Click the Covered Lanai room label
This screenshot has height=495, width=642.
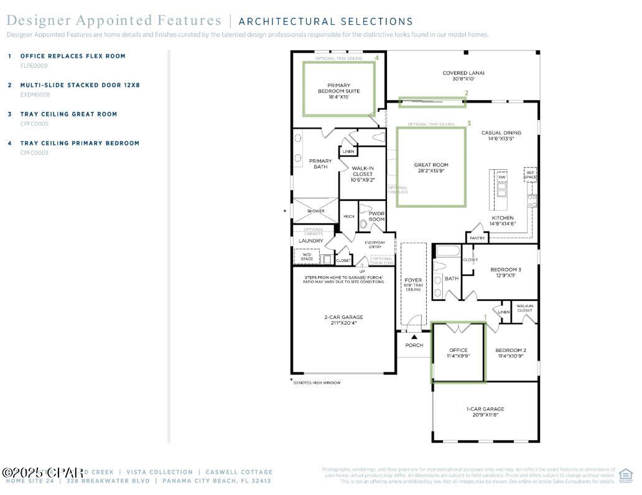tap(463, 76)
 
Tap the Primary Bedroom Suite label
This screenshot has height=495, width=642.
tap(338, 91)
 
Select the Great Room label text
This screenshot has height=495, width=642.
tap(431, 168)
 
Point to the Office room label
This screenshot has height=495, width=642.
tap(458, 353)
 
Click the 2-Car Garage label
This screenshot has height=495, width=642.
tap(343, 320)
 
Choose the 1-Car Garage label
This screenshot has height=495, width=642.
tap(485, 412)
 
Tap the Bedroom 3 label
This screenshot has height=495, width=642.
tap(506, 272)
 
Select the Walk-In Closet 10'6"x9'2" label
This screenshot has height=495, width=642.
tap(363, 173)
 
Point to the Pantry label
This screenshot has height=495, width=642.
tap(477, 238)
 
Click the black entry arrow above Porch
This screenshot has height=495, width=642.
tap(414, 337)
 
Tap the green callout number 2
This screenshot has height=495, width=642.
tap(467, 93)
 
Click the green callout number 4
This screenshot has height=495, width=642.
tap(377, 57)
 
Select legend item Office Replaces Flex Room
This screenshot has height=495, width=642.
tap(73, 56)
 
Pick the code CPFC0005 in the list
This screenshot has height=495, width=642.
tap(34, 124)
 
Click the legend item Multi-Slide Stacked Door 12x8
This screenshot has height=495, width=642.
tap(80, 85)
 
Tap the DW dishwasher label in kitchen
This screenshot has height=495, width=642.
tap(501, 177)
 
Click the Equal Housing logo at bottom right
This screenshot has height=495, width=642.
tap(625, 476)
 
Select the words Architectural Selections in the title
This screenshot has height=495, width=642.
tap(326, 22)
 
